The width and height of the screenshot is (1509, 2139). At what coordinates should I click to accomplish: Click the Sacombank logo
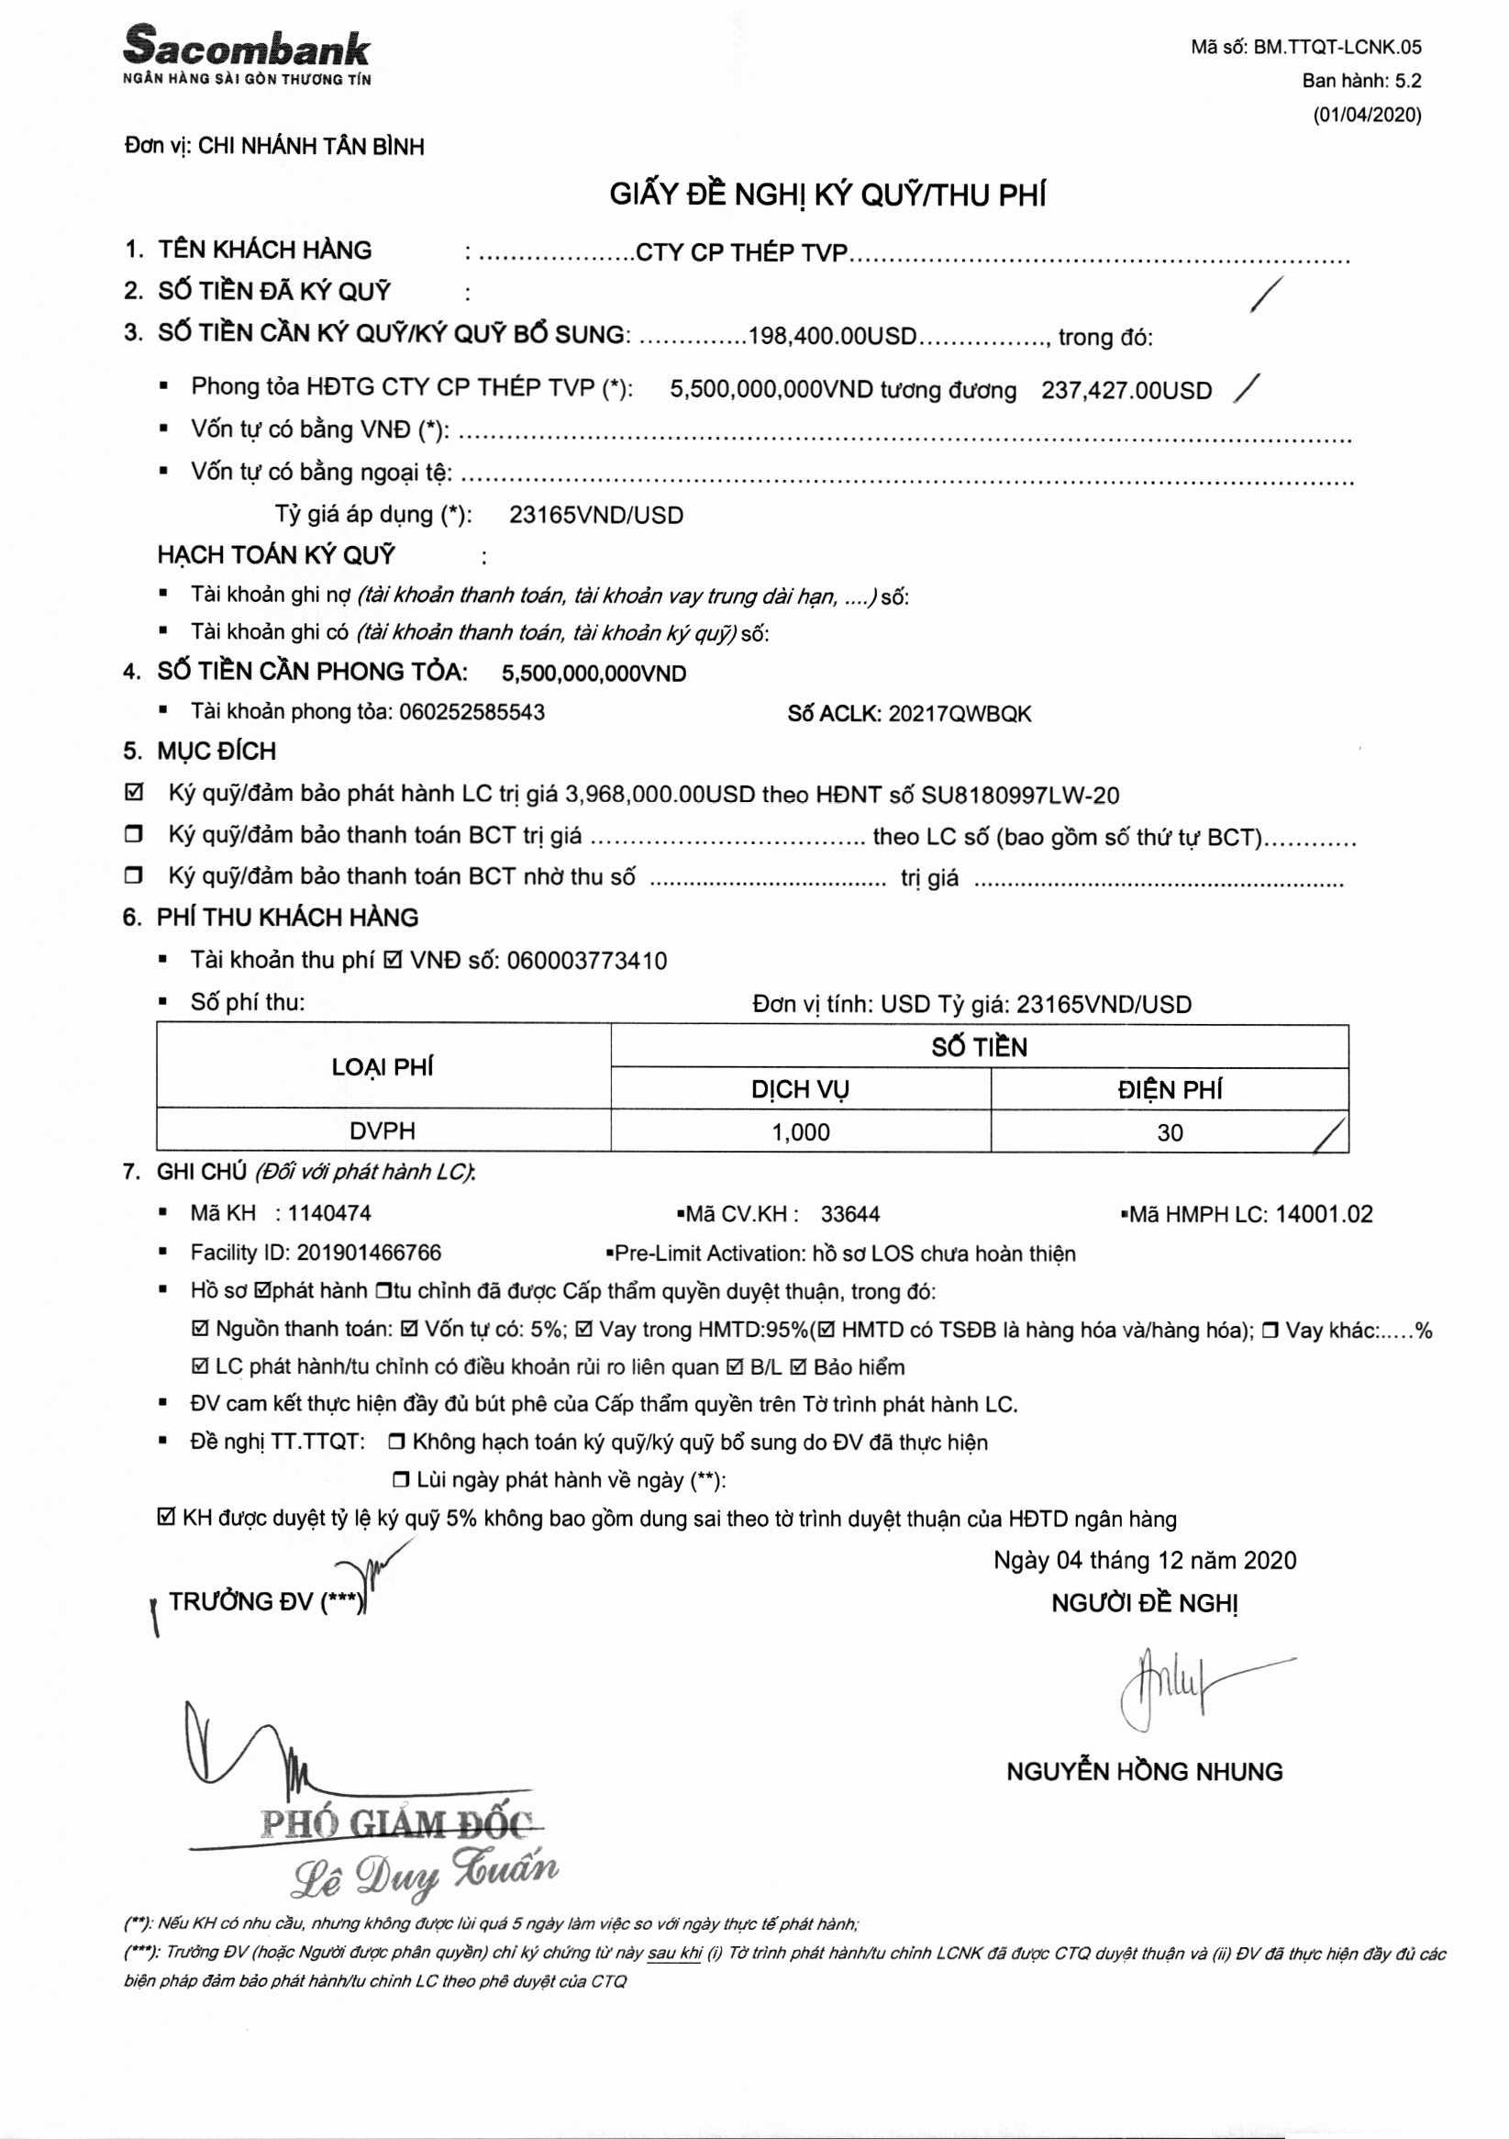pyautogui.click(x=247, y=54)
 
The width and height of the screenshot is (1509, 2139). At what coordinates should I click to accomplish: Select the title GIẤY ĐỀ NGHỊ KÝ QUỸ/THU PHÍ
pyautogui.click(x=827, y=195)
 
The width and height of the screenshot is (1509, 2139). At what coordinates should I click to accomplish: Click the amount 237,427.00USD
pyautogui.click(x=1126, y=390)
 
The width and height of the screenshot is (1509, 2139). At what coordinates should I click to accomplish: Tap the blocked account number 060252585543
pyautogui.click(x=472, y=713)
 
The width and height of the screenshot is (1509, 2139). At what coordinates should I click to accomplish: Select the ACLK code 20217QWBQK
pyautogui.click(x=960, y=715)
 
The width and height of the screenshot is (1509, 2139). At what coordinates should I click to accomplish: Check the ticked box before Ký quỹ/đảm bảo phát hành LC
pyautogui.click(x=134, y=793)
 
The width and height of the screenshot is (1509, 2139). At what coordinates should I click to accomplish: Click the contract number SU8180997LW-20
pyautogui.click(x=1020, y=796)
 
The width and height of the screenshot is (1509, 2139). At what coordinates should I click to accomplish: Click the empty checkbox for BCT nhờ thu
pyautogui.click(x=134, y=875)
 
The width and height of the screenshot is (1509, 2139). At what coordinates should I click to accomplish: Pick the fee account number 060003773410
pyautogui.click(x=587, y=961)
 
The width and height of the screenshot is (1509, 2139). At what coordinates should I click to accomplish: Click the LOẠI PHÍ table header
pyautogui.click(x=383, y=1066)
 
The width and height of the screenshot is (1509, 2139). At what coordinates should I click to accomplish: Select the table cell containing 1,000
pyautogui.click(x=800, y=1132)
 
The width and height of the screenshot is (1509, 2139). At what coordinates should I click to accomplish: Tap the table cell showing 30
pyautogui.click(x=1169, y=1133)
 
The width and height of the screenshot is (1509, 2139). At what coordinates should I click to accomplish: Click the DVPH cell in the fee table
pyautogui.click(x=383, y=1131)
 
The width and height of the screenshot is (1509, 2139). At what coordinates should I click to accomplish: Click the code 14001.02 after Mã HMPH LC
pyautogui.click(x=1324, y=1214)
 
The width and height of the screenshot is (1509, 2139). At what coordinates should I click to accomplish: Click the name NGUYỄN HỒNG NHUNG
pyautogui.click(x=1144, y=1771)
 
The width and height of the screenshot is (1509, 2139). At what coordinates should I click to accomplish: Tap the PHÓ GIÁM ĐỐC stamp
pyautogui.click(x=397, y=1823)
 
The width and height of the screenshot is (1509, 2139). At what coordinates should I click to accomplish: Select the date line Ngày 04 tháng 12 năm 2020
pyautogui.click(x=1144, y=1561)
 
